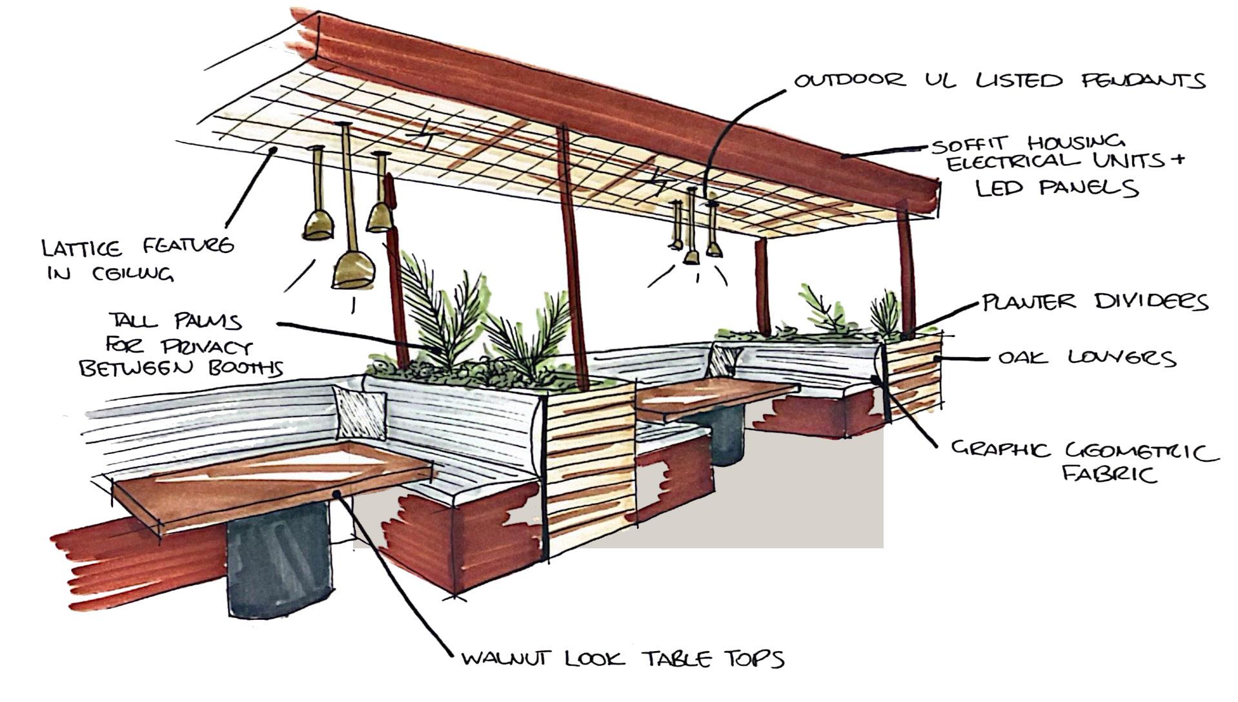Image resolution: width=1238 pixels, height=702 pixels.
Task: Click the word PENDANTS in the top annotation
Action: click(x=1143, y=81)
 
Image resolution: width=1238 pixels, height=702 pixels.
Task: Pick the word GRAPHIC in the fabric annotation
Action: click(x=1000, y=449)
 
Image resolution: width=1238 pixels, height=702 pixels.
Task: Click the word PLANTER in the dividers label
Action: click(x=1029, y=302)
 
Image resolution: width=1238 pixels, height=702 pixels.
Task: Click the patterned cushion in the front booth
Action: click(x=360, y=412)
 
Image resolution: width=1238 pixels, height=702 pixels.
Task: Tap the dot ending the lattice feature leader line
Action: click(x=274, y=150)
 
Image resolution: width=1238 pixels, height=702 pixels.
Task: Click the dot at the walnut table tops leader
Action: click(x=336, y=494)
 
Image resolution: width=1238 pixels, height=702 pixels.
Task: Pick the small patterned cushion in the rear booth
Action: click(x=724, y=360)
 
